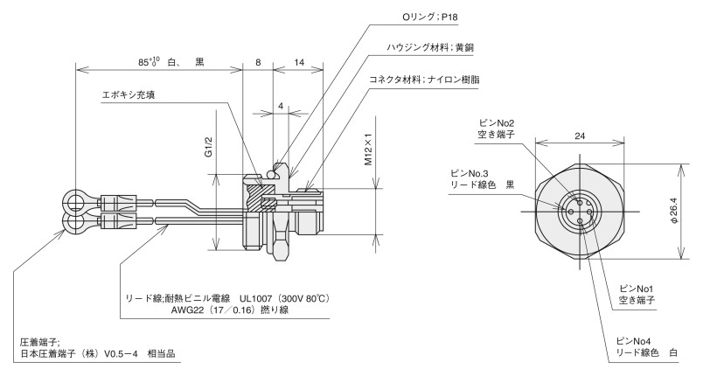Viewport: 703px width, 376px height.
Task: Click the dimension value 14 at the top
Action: click(300, 63)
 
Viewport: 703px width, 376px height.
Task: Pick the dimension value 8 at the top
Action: click(257, 63)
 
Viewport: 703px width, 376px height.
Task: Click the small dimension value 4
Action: click(280, 106)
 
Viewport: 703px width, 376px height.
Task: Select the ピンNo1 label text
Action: click(637, 288)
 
